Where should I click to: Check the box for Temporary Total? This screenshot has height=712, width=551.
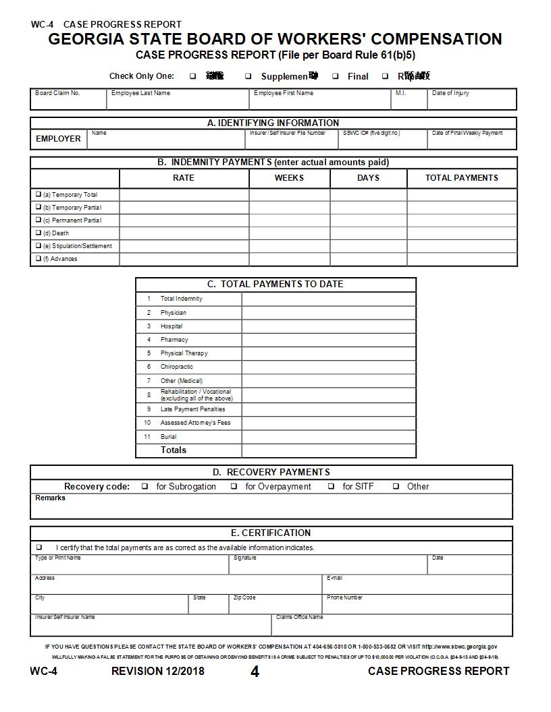[x=38, y=194]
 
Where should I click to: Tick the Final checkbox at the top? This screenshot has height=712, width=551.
[x=336, y=76]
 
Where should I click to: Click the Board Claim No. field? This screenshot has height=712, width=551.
[x=68, y=100]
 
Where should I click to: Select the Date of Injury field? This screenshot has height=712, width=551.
[x=473, y=100]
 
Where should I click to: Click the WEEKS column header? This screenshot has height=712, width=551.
[x=289, y=178]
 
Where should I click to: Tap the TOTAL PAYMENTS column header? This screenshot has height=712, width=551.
[x=461, y=178]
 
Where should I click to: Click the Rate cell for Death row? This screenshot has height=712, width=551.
[x=184, y=233]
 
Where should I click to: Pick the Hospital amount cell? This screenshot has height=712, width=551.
[x=329, y=326]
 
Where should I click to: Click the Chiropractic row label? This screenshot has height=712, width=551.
[x=176, y=367]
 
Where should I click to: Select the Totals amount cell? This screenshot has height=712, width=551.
[x=329, y=450]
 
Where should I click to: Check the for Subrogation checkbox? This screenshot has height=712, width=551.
[x=145, y=486]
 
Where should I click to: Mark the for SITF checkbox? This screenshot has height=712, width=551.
[x=332, y=486]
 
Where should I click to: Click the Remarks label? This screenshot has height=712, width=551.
[x=51, y=498]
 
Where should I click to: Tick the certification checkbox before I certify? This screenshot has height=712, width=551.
[x=39, y=547]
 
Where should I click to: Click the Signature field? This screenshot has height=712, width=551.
[x=328, y=566]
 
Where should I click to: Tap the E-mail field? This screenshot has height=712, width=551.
[x=417, y=585]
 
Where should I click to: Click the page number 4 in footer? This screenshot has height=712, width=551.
[x=255, y=672]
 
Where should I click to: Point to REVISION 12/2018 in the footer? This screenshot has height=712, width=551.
[x=157, y=671]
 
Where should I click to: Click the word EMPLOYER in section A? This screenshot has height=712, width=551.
[x=58, y=139]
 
